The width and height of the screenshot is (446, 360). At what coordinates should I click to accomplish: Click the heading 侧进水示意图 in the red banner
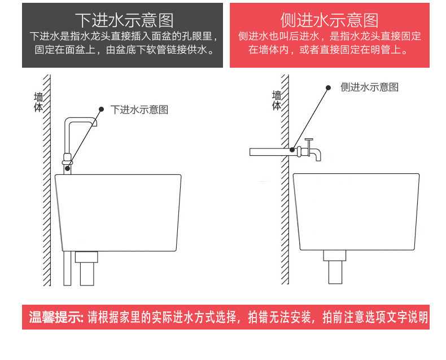[330, 21]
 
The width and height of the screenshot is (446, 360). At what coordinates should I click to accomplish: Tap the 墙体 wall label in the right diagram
[277, 100]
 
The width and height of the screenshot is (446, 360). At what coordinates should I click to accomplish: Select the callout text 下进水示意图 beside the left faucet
[139, 109]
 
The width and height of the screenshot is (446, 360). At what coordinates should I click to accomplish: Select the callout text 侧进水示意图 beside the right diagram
[370, 87]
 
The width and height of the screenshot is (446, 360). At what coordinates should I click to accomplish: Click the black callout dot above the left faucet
[102, 109]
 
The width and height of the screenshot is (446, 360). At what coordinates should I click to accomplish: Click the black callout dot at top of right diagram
[327, 87]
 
